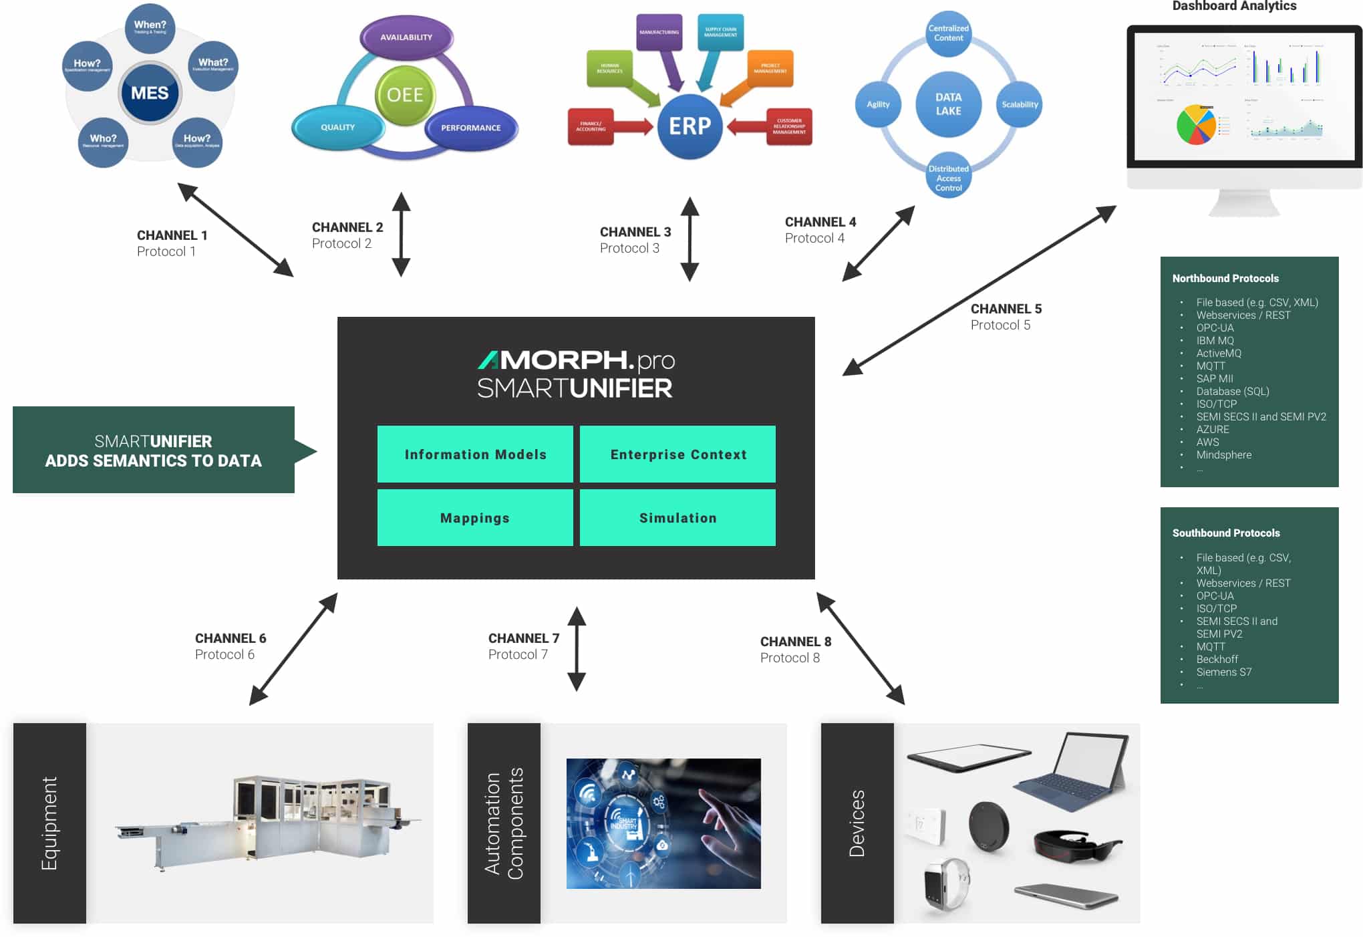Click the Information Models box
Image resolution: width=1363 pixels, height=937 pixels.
[475, 454]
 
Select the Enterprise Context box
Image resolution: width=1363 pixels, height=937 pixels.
[677, 454]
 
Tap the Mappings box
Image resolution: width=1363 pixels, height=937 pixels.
[475, 518]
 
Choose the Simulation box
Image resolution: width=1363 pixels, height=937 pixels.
[677, 518]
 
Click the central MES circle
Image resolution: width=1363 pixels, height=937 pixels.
[150, 93]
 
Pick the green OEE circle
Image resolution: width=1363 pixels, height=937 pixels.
[405, 95]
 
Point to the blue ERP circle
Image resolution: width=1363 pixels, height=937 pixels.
[690, 126]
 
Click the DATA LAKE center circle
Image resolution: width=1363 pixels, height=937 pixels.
[948, 104]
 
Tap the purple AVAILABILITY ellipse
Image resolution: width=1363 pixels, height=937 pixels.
[406, 37]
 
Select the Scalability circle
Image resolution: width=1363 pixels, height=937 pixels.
[1020, 104]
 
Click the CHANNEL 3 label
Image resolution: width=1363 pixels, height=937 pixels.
[635, 232]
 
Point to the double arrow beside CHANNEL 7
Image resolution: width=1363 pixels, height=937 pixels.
[577, 648]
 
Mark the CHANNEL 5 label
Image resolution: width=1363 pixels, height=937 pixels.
[1006, 309]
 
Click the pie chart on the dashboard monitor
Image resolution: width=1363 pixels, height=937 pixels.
[1196, 124]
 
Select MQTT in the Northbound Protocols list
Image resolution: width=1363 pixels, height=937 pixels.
[1211, 366]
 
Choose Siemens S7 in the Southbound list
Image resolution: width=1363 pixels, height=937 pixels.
[1223, 672]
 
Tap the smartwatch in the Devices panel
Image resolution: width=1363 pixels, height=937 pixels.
[945, 884]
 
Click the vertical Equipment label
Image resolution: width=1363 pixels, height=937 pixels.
[49, 823]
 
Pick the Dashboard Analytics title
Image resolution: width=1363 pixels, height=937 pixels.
[1234, 6]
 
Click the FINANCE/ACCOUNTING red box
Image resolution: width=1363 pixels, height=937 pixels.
[591, 126]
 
